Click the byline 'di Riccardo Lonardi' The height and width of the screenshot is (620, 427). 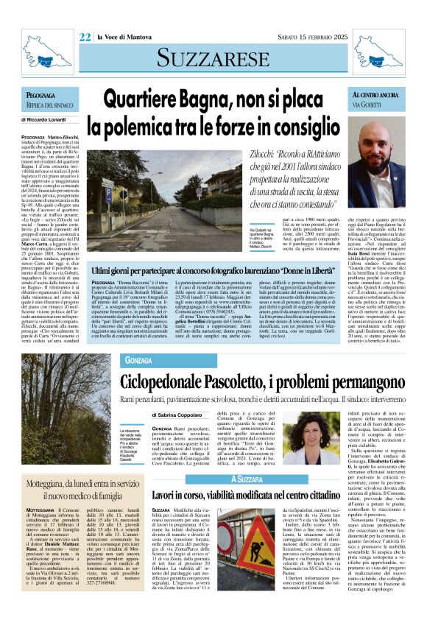click(46, 119)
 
